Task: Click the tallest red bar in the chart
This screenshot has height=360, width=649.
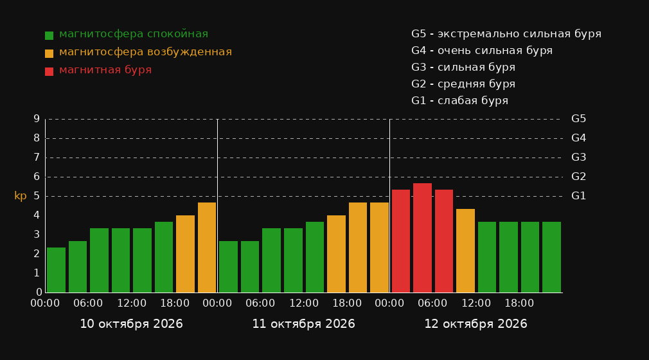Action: [422, 238]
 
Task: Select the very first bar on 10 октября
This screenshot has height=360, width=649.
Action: [56, 270]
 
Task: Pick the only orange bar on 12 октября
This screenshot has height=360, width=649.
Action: [465, 251]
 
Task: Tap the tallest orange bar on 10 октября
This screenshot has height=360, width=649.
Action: [206, 248]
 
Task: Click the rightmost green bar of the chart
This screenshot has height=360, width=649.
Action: [551, 257]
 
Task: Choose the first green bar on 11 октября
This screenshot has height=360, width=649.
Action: [228, 267]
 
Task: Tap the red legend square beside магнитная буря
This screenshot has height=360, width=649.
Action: [49, 71]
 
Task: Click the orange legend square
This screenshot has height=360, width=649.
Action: [49, 53]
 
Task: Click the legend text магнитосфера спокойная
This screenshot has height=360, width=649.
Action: [134, 34]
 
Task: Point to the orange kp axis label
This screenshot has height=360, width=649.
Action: [21, 196]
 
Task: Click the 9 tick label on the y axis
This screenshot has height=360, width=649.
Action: [37, 119]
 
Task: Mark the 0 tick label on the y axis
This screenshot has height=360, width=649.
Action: [39, 292]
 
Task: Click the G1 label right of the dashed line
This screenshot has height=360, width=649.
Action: [578, 196]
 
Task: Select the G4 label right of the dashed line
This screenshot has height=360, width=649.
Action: [578, 138]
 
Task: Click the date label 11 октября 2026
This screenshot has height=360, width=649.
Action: [303, 324]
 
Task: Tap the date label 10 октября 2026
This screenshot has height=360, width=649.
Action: [131, 324]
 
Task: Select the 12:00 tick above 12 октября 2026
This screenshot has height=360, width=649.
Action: [476, 303]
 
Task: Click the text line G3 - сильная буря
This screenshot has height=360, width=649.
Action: [463, 67]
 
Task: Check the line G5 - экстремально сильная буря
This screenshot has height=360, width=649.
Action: [506, 34]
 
